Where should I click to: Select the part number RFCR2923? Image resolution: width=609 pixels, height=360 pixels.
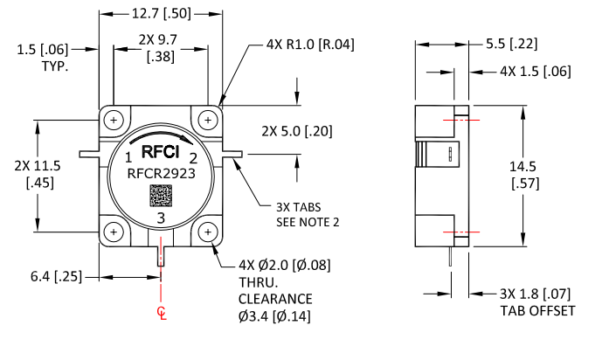point(161,173)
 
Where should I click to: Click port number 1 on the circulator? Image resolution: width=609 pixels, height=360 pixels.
point(128,158)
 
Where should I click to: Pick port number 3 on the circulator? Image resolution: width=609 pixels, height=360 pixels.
point(160,217)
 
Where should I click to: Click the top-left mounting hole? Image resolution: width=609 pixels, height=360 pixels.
point(114,120)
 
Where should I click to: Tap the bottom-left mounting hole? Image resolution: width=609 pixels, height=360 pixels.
point(114,232)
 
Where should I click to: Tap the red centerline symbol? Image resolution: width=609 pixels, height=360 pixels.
point(161,312)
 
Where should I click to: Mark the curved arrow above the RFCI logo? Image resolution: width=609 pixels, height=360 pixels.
point(161,140)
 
